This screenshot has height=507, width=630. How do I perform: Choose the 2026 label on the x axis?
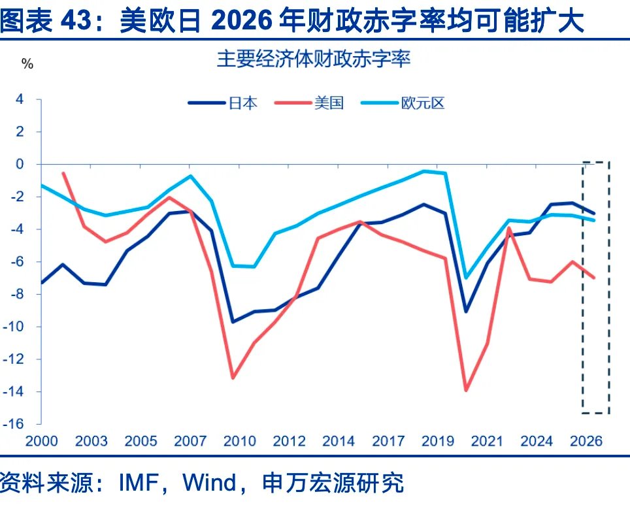pos(587,442)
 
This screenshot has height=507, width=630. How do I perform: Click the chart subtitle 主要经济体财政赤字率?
pos(314,61)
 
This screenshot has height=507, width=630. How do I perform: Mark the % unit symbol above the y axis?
pos(27,64)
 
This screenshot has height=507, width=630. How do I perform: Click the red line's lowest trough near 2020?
pos(466,390)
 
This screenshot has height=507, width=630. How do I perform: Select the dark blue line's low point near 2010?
pos(233,321)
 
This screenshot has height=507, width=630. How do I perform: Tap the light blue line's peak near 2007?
pos(190,176)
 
